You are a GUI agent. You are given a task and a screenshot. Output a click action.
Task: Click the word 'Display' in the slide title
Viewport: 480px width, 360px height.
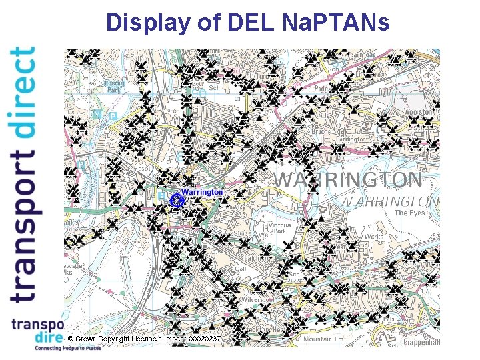point(147,23)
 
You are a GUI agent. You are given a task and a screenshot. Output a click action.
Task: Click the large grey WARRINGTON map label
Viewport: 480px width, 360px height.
point(348,180)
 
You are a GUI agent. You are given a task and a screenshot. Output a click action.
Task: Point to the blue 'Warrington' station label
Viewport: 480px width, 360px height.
point(203,192)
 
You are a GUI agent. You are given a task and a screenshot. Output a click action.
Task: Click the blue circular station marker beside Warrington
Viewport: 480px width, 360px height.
point(177,199)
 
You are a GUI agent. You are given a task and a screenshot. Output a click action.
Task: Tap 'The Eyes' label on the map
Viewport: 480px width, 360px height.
point(409,213)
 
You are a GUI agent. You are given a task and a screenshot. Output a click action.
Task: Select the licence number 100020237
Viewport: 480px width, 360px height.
point(202,339)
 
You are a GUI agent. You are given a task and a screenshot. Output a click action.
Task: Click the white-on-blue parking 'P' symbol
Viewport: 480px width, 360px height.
point(113,116)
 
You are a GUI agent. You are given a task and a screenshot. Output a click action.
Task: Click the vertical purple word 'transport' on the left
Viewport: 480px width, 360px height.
point(24,227)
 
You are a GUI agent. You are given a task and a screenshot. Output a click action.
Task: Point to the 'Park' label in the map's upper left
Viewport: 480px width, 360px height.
point(114,89)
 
